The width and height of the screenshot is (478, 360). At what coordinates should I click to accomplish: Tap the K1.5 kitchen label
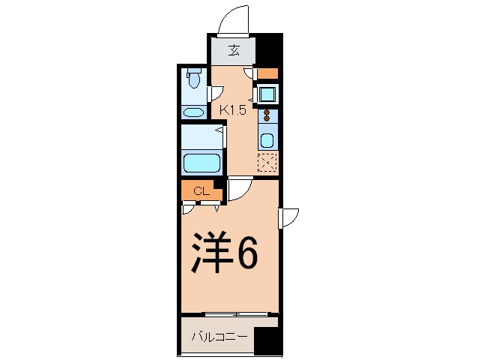click(x=233, y=109)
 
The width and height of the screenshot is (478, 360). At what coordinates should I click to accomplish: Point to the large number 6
click(x=248, y=254)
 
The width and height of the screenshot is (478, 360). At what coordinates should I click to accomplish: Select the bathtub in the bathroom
click(x=201, y=162)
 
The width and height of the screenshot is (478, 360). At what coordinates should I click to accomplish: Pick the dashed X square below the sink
click(x=267, y=161)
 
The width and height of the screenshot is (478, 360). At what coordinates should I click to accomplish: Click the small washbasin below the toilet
click(x=193, y=113)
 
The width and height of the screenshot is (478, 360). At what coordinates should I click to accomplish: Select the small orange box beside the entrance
click(x=267, y=73)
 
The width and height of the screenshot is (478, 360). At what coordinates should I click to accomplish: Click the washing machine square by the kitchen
click(x=267, y=94)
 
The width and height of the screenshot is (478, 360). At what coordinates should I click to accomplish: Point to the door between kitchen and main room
click(x=239, y=190)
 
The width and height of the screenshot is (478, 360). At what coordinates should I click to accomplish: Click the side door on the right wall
click(x=289, y=217)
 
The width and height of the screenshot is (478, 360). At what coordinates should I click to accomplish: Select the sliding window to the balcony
click(x=232, y=313)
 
